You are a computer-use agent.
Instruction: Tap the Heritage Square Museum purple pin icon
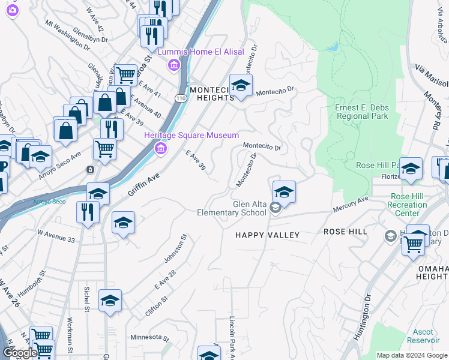click(160, 148)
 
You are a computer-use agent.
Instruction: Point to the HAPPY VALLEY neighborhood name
click(267, 235)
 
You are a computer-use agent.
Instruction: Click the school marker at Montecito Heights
click(241, 86)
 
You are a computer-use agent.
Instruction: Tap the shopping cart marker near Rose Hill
click(413, 244)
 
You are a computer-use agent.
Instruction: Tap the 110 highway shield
click(180, 97)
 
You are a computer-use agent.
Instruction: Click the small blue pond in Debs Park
click(333, 46)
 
